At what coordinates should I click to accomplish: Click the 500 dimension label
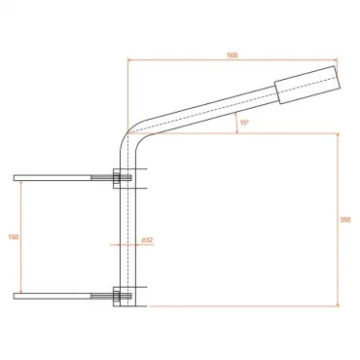[233, 55]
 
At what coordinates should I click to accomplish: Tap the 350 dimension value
[345, 220]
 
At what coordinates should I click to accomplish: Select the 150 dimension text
[14, 237]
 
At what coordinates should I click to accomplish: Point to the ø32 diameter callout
[147, 240]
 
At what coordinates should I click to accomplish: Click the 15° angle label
[244, 123]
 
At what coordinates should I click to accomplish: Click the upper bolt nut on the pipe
[116, 178]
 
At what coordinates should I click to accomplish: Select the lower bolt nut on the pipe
[116, 296]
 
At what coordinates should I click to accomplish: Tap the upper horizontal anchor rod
[53, 178]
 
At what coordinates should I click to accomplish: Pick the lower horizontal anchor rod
[53, 296]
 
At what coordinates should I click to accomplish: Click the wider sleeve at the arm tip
[307, 85]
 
